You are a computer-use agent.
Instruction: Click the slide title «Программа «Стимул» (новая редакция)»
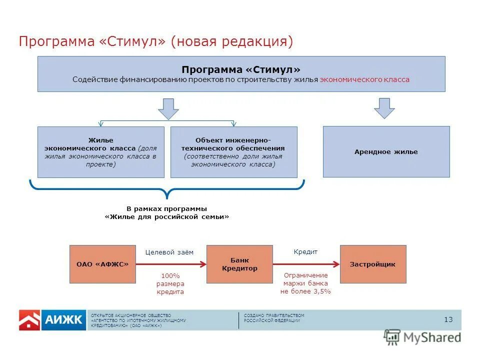coord(155,41)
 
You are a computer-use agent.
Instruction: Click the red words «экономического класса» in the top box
coord(364,79)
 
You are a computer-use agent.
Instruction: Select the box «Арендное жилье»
coord(386,151)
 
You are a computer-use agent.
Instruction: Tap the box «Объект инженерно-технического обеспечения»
coord(233,152)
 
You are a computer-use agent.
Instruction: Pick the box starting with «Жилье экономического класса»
coord(100,152)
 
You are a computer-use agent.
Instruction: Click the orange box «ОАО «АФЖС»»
coord(102,264)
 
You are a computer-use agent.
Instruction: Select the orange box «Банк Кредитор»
coord(239,264)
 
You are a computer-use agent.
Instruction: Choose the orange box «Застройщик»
coord(373,264)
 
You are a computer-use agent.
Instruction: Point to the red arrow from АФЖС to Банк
coord(170,264)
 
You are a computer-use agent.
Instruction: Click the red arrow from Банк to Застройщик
coord(306,264)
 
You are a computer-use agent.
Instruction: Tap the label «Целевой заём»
coord(169,252)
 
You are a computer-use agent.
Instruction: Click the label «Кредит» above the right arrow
coord(305,252)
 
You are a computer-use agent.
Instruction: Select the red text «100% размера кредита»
coord(170,283)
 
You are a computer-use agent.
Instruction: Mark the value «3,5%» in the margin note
coord(322,291)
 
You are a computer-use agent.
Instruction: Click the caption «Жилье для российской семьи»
coord(167,216)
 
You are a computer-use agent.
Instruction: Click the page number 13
coord(448,319)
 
